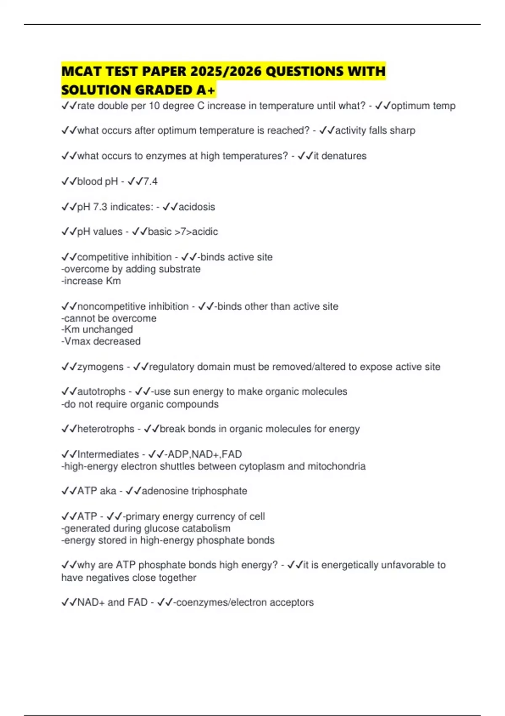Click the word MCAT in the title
pyautogui.click(x=81, y=71)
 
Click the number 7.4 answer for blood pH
pyautogui.click(x=150, y=182)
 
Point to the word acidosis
pyautogui.click(x=197, y=207)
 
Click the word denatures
pyautogui.click(x=344, y=156)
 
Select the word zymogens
pyautogui.click(x=100, y=367)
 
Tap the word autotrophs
pyautogui.click(x=101, y=392)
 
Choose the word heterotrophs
pyautogui.click(x=106, y=429)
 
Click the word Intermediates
pyautogui.click(x=108, y=454)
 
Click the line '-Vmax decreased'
pyautogui.click(x=101, y=341)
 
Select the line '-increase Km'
pyautogui.click(x=91, y=281)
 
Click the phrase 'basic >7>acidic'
pyautogui.click(x=183, y=232)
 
